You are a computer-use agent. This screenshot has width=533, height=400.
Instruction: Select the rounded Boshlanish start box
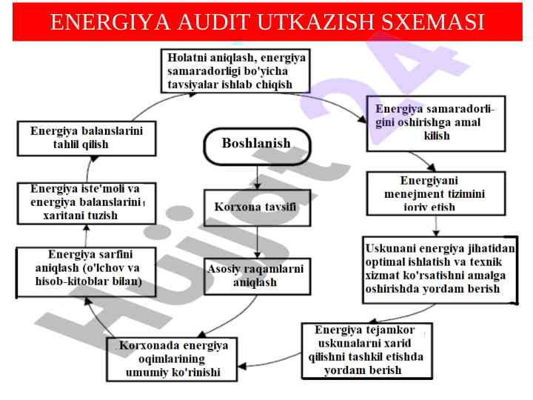[x=256, y=143]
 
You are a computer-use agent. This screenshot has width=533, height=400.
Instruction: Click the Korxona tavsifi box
[x=257, y=207]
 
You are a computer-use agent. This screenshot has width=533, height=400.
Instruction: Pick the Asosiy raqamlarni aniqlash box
[x=255, y=276]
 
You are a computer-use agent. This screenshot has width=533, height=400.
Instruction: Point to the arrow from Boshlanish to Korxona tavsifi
[x=257, y=176]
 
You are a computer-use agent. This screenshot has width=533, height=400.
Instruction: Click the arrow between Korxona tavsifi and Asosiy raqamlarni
[x=257, y=241]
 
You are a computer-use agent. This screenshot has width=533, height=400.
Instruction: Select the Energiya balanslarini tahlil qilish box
[x=87, y=138]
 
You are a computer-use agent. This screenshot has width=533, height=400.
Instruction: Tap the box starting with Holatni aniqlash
[x=237, y=70]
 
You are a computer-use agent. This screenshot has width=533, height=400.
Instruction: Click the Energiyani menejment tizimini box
[x=436, y=193]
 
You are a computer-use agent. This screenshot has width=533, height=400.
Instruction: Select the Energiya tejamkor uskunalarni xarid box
[x=366, y=350]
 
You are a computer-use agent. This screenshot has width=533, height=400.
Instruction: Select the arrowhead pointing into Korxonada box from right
[x=239, y=364]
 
